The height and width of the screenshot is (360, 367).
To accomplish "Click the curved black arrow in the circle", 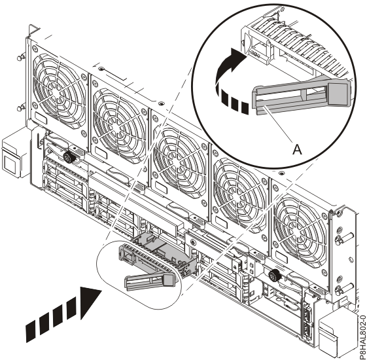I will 230,67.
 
